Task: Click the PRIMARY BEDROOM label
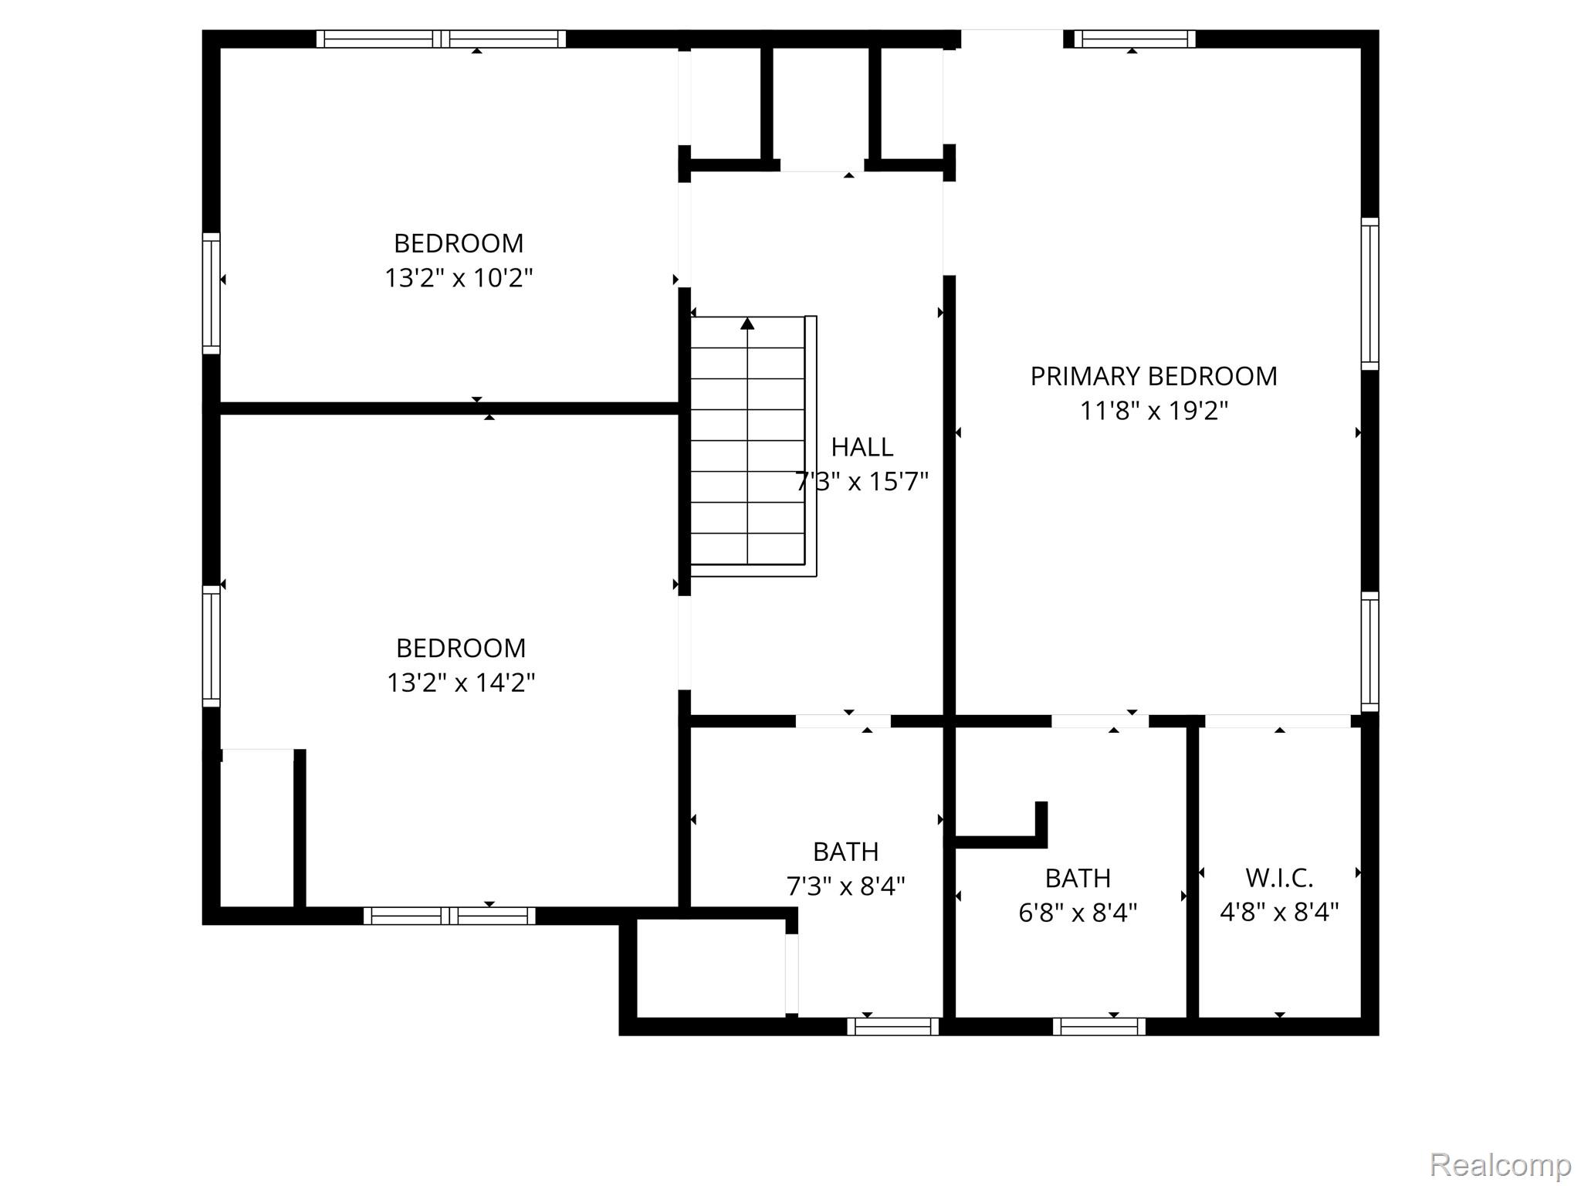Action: (x=1153, y=376)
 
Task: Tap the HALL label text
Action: (x=862, y=446)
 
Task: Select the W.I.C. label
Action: (x=1279, y=878)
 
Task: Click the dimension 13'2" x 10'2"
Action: (x=459, y=278)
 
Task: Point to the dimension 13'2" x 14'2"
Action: (x=461, y=683)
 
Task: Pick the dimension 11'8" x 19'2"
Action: (x=1153, y=411)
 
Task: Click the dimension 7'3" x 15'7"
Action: (x=862, y=481)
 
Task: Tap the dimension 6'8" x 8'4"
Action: (x=1078, y=913)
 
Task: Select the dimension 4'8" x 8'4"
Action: (x=1279, y=913)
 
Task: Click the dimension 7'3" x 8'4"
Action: (x=845, y=886)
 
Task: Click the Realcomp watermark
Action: (x=1501, y=1164)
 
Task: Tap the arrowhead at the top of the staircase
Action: (x=747, y=324)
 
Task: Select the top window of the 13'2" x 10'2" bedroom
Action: (x=441, y=39)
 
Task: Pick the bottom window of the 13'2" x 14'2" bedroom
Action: (x=449, y=916)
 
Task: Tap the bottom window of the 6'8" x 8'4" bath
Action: (x=1099, y=1026)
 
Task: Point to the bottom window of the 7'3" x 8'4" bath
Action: (x=893, y=1026)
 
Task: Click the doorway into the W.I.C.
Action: (x=1278, y=721)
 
